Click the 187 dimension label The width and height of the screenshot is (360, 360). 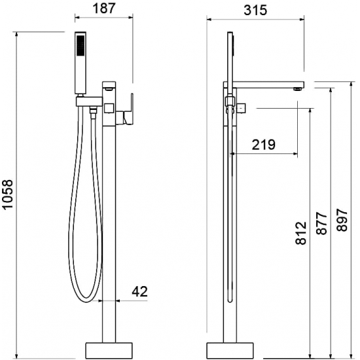click(x=103, y=9)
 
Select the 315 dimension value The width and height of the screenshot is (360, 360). click(x=255, y=10)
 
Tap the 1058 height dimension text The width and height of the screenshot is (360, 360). click(x=8, y=194)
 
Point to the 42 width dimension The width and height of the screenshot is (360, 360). click(x=139, y=291)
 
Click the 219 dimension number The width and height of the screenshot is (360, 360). click(x=263, y=145)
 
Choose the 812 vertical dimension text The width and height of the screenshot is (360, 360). click(x=301, y=233)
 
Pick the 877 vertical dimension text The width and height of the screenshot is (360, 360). click(x=321, y=223)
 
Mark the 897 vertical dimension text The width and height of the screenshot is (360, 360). click(x=342, y=220)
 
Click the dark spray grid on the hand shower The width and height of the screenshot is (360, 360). click(x=81, y=45)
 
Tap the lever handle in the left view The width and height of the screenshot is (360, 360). click(x=128, y=109)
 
